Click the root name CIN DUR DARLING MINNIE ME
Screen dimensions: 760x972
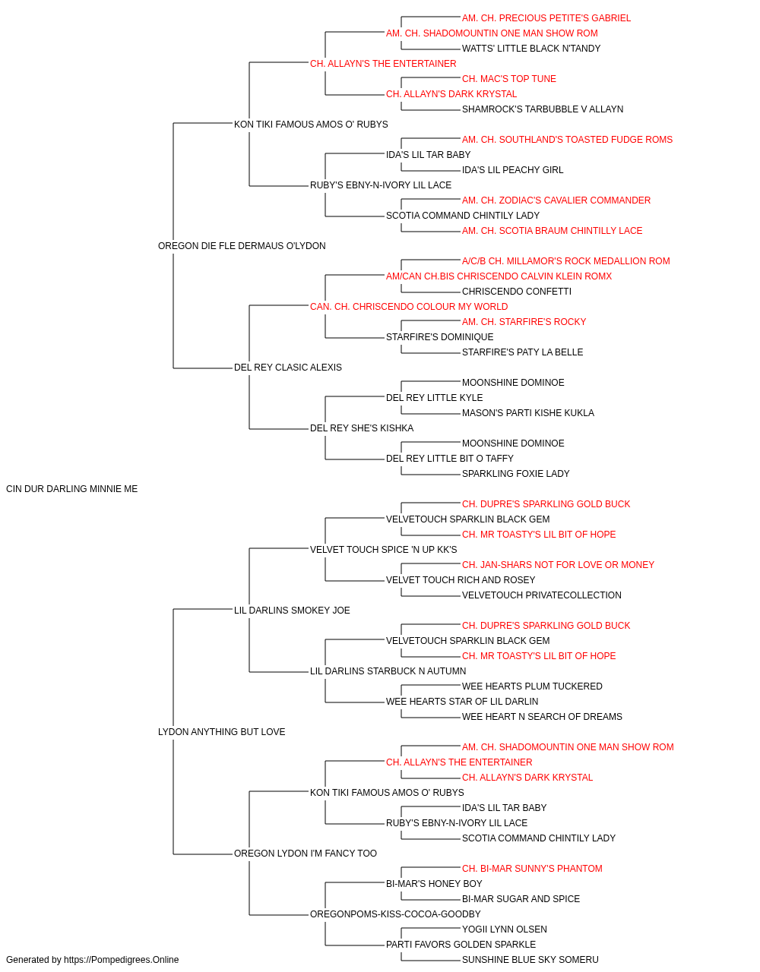point(71,489)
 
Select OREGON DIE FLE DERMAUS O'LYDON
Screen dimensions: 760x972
point(242,246)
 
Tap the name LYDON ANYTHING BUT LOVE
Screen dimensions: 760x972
point(222,732)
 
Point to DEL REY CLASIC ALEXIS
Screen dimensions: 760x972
point(288,368)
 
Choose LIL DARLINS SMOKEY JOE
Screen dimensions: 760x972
point(292,610)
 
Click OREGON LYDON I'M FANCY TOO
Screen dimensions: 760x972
point(306,854)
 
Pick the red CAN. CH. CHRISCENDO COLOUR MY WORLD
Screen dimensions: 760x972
point(409,307)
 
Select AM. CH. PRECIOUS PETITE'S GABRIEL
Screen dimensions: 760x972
point(546,18)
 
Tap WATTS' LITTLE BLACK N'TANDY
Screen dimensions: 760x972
point(531,49)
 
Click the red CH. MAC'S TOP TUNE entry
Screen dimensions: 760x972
point(509,79)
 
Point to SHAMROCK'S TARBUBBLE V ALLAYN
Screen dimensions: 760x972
point(543,109)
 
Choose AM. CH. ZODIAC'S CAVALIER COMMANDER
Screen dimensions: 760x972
point(556,200)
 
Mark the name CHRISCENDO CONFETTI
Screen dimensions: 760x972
point(517,292)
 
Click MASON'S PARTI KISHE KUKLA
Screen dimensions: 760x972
point(528,413)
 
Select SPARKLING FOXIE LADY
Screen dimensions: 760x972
point(515,474)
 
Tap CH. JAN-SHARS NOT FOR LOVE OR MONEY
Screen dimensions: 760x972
point(558,565)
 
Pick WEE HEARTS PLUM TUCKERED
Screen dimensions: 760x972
point(532,686)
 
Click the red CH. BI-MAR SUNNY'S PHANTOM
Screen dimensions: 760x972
point(532,869)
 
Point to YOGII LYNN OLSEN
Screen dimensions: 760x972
point(505,929)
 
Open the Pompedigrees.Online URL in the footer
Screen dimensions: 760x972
point(121,960)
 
